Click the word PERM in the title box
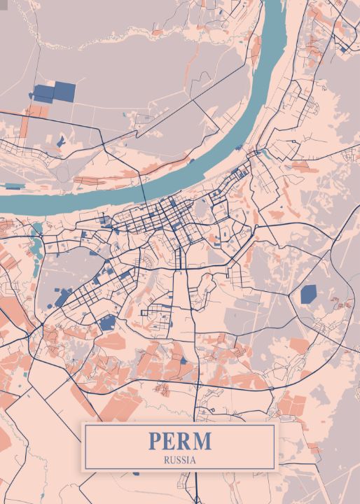[x=179, y=442]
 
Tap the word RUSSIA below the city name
[x=179, y=460]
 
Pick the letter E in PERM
[x=170, y=442]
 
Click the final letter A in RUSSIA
[x=194, y=460]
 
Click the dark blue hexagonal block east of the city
[x=309, y=294]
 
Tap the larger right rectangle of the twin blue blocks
[x=64, y=90]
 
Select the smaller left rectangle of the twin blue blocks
[x=43, y=94]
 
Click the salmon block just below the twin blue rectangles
[x=35, y=110]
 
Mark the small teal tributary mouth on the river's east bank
[x=261, y=150]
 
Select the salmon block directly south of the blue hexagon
[x=299, y=345]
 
